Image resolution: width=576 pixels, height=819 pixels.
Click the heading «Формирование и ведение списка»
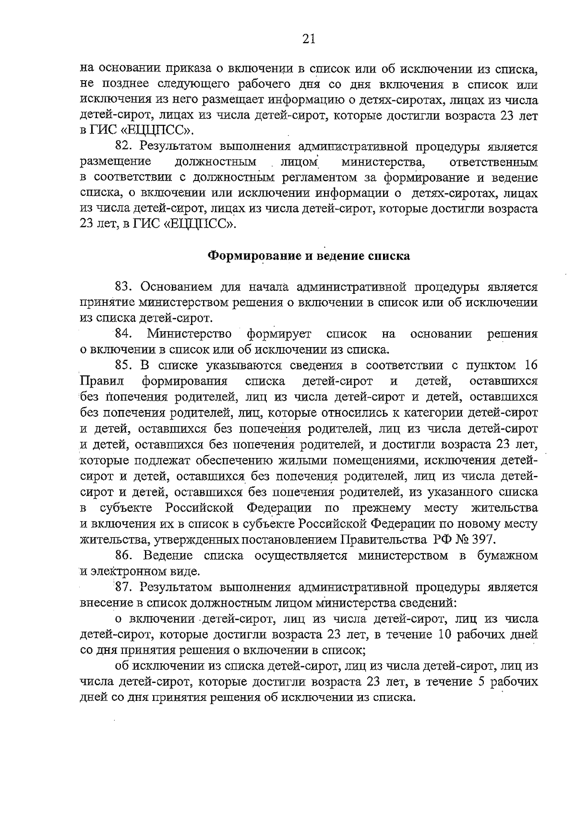pos(309,256)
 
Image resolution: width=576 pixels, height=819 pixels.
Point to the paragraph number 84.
pos(124,334)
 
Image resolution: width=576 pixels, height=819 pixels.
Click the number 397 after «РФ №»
pos(482,540)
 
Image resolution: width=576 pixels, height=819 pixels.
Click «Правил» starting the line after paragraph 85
pos(101,381)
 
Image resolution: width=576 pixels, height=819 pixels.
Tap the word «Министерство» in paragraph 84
pos(190,334)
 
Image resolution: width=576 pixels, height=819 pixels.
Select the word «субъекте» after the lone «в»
pos(126,508)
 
